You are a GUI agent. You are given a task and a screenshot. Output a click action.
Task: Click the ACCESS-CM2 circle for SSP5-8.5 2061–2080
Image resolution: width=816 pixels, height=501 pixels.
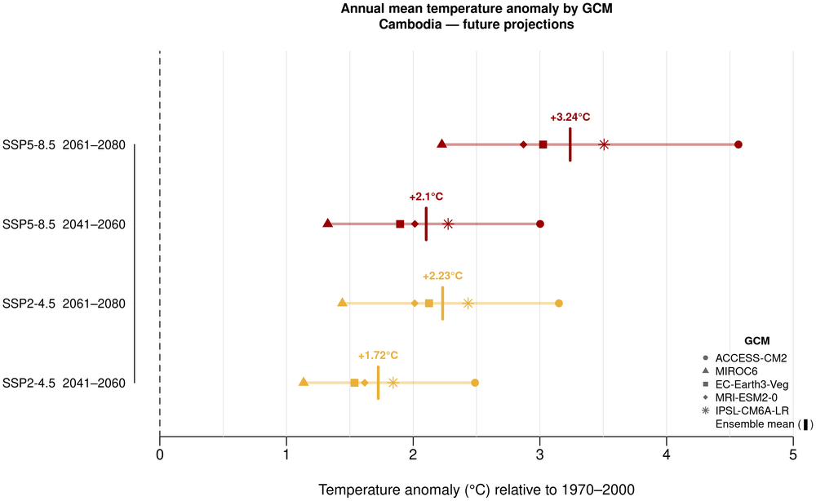738,144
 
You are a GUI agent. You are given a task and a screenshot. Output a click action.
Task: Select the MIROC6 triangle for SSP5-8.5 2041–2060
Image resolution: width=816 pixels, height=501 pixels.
328,224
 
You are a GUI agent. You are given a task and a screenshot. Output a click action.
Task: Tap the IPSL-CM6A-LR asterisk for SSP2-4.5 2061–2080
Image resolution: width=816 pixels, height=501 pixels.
468,303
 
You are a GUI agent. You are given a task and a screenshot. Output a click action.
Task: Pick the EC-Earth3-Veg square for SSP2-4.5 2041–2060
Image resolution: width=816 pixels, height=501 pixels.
354,383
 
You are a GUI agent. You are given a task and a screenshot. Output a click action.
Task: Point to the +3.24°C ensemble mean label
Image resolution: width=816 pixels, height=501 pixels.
570,117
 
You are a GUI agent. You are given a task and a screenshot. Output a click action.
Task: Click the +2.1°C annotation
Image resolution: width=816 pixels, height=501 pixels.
426,197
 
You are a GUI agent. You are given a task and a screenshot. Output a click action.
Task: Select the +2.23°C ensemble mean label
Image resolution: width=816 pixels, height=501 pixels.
442,276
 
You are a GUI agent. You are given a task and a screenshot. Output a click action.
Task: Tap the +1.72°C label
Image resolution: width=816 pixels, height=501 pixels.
378,356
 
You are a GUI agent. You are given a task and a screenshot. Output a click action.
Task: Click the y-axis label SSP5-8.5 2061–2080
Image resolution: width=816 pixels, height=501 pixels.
64,145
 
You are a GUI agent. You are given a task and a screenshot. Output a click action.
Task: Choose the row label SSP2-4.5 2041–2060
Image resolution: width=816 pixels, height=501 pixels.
64,383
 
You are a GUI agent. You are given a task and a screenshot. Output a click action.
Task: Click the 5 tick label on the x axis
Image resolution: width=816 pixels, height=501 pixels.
792,453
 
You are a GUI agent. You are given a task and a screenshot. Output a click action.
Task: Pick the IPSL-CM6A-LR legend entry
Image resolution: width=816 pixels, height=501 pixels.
751,410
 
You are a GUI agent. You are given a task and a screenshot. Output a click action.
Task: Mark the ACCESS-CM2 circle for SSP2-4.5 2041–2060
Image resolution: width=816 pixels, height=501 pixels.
475,383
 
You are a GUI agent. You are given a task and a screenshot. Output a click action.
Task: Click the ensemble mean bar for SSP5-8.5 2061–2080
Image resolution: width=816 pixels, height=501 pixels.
570,144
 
